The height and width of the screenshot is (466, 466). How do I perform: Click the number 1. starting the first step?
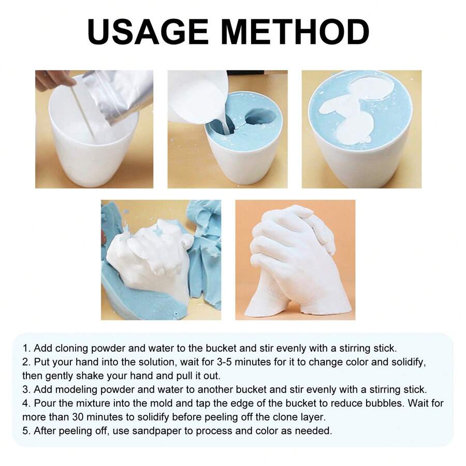coord(26,348)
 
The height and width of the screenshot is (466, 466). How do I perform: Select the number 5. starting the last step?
coord(26,430)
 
